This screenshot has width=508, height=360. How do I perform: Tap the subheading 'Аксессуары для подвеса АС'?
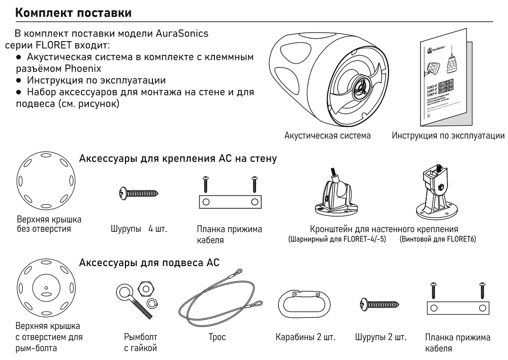point(150,262)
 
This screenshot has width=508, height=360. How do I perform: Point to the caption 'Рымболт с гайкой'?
point(141,343)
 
